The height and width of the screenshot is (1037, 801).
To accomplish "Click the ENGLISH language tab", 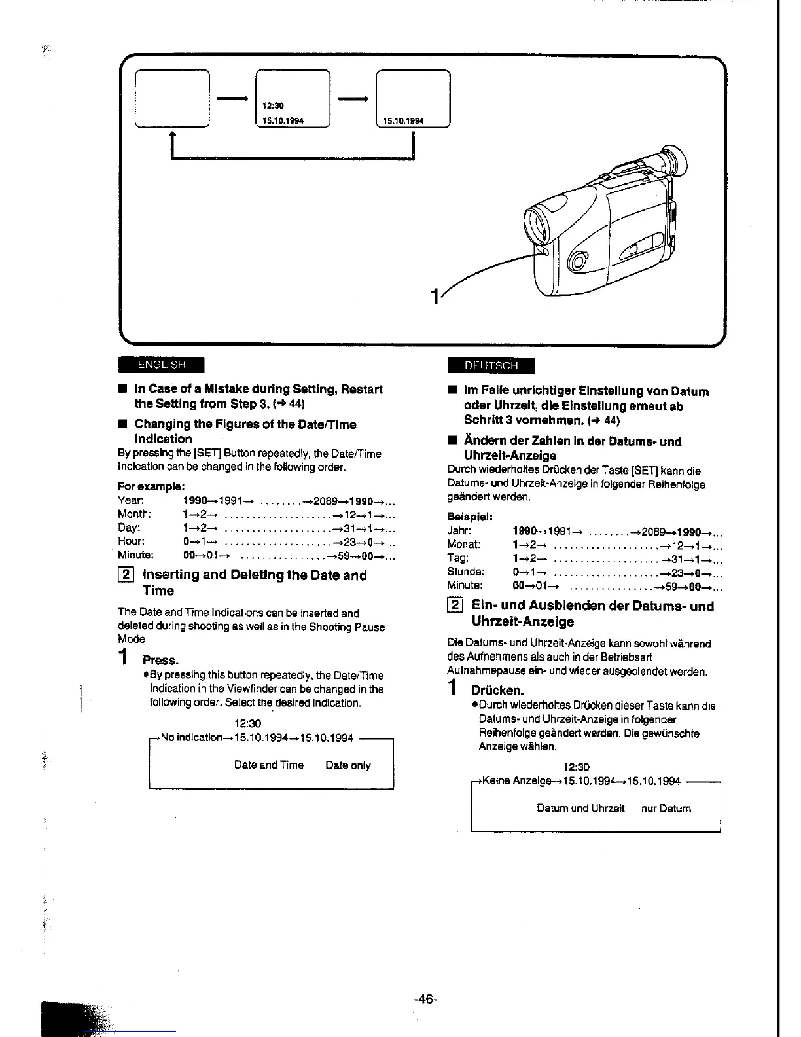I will [162, 364].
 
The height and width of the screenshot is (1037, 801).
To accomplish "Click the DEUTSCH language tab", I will [491, 365].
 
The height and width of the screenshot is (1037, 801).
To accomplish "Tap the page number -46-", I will [425, 999].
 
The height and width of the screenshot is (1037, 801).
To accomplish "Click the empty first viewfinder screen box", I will [172, 98].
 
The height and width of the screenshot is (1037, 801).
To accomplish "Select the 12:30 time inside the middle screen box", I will [273, 105].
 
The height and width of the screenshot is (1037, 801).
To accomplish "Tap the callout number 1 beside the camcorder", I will [434, 297].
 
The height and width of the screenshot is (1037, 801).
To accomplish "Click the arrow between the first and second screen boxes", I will [232, 98].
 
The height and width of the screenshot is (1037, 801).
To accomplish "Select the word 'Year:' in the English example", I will [131, 501].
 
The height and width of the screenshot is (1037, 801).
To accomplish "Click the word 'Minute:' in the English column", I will [135, 555].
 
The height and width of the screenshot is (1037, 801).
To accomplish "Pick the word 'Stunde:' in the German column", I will [465, 572].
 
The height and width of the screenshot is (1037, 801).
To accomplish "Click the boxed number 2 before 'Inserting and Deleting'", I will [126, 575].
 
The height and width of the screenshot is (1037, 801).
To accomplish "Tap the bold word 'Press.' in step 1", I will [160, 661].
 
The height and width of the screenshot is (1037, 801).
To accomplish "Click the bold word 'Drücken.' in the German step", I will [497, 691].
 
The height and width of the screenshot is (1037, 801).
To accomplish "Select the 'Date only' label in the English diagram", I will [347, 765].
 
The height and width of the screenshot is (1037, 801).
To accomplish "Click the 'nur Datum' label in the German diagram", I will [666, 809].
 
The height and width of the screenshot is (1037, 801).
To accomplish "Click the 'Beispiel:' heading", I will [470, 517].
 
